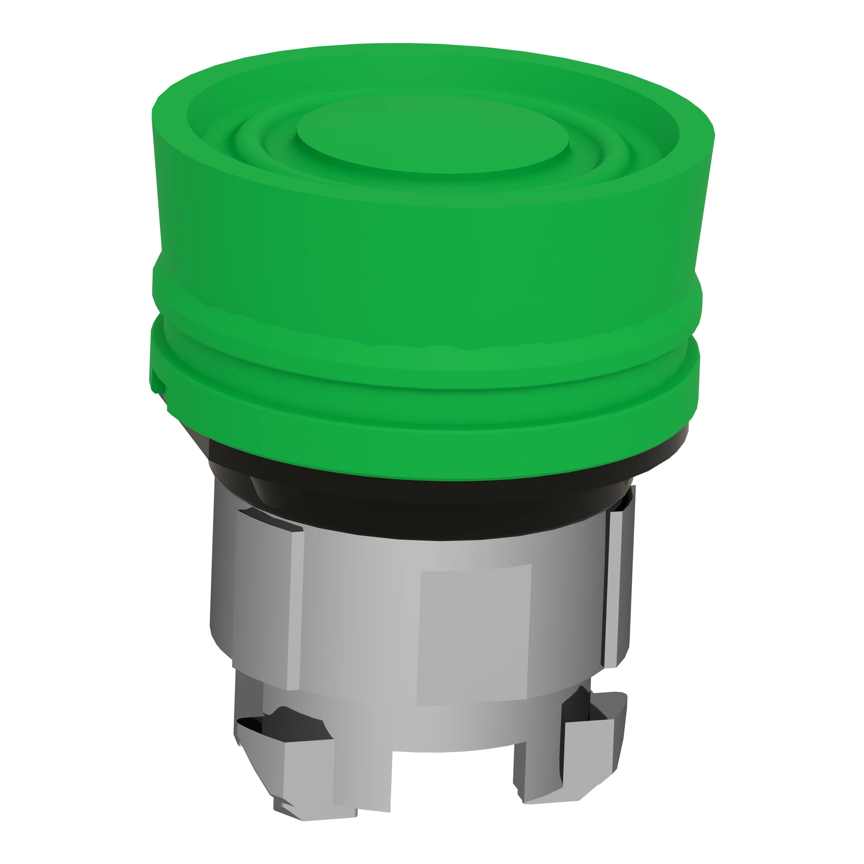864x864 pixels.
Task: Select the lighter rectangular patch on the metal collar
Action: [x=474, y=635]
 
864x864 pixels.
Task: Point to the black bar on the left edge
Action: [x=56, y=432]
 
